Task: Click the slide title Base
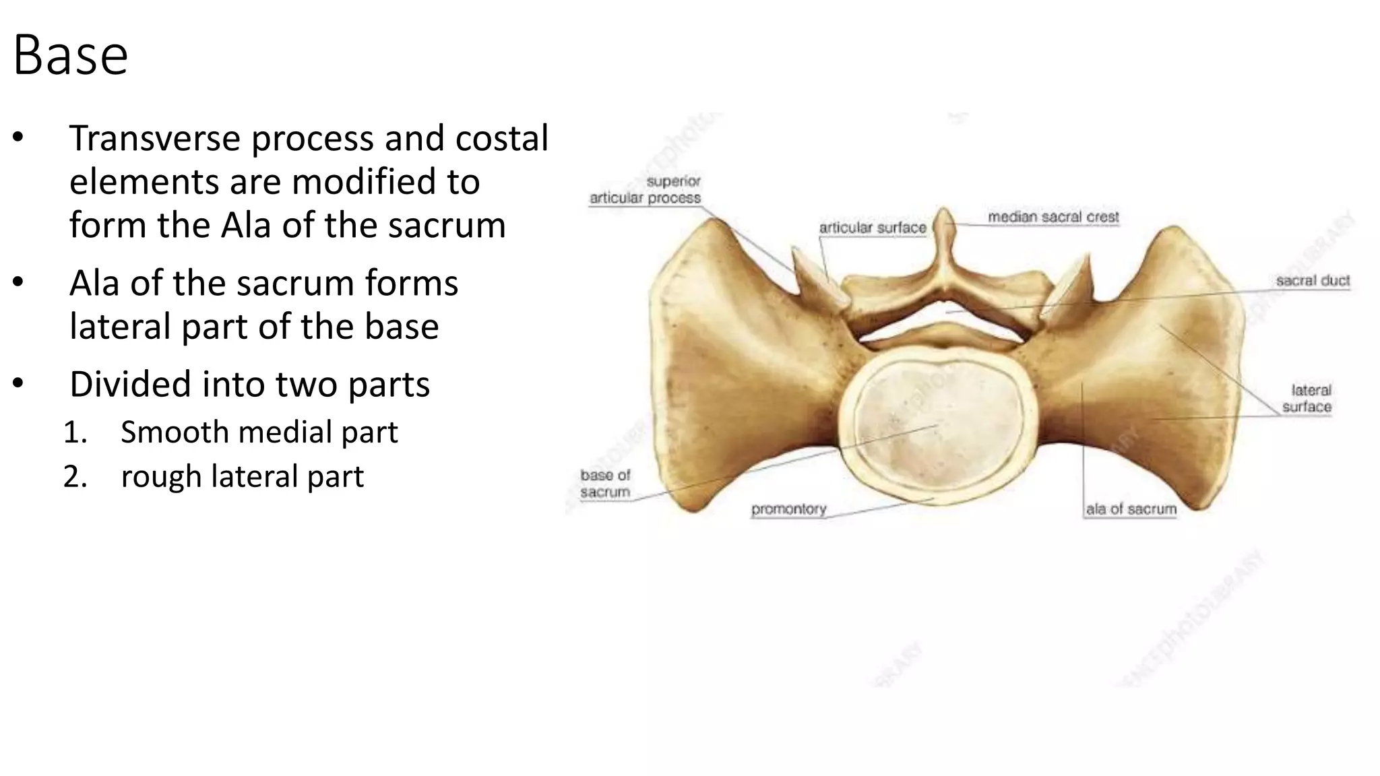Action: click(x=70, y=55)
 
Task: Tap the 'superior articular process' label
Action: click(x=646, y=189)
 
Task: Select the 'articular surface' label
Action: click(x=873, y=228)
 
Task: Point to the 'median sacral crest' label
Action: click(x=1053, y=217)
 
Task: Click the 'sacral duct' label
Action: click(x=1313, y=280)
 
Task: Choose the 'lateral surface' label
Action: click(x=1308, y=398)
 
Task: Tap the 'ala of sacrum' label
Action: click(x=1131, y=509)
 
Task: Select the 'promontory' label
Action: click(x=788, y=509)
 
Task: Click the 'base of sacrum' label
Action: click(x=605, y=484)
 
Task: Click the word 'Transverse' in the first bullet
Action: click(x=155, y=138)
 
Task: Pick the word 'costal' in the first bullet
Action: click(x=502, y=138)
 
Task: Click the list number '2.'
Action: click(x=75, y=477)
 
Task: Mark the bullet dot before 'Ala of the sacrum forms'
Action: click(x=18, y=283)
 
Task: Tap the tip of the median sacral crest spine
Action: click(x=944, y=212)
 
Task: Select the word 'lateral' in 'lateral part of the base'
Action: click(x=120, y=327)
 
